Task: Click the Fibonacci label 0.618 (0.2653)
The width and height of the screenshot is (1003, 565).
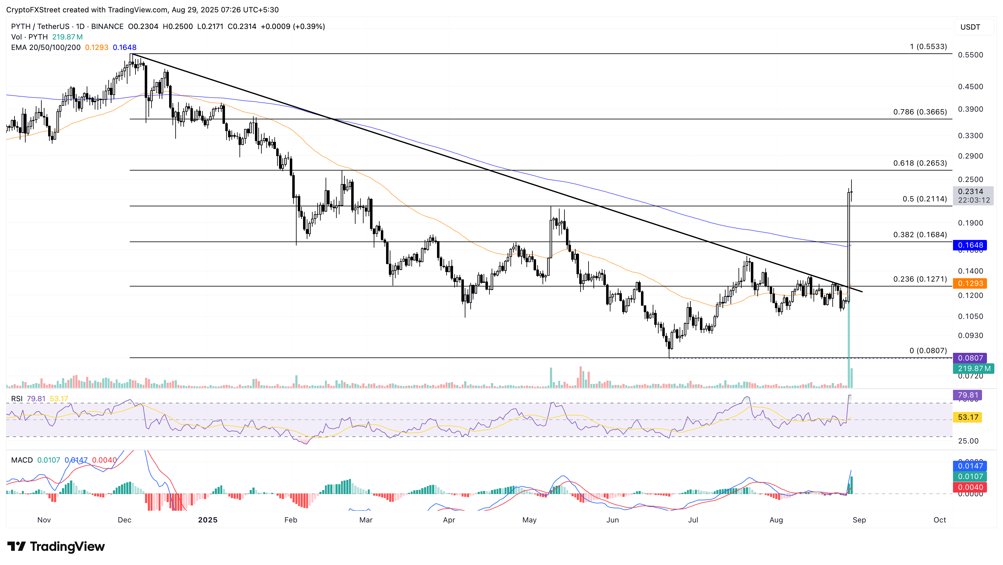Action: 920,163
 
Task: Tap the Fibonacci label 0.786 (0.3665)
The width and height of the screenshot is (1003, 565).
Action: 920,112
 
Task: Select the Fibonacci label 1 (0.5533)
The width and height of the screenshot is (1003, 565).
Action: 928,47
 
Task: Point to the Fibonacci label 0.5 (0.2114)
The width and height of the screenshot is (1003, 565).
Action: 924,199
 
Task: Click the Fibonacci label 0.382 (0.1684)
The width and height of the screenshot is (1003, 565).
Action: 920,235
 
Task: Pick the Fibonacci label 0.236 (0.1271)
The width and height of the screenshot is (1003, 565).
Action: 920,279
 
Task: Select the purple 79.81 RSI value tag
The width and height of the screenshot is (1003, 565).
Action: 968,395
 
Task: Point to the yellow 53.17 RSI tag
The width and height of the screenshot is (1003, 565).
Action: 968,417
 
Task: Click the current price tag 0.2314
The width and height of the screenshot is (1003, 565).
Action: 970,192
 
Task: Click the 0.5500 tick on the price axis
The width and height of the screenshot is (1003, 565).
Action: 970,55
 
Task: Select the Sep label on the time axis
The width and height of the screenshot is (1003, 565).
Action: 859,520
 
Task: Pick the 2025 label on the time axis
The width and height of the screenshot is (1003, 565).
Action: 207,520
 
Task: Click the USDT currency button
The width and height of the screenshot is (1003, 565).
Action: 970,27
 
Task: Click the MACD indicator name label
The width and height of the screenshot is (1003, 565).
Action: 22,460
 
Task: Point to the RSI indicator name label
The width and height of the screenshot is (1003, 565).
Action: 16,399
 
